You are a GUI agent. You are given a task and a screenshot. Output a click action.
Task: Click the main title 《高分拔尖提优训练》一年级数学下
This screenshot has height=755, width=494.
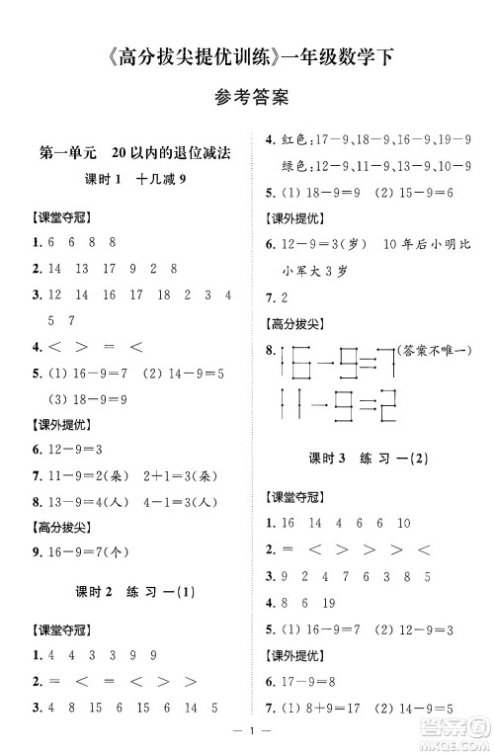(x=247, y=57)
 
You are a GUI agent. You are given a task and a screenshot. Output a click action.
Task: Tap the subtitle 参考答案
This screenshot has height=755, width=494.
(x=247, y=98)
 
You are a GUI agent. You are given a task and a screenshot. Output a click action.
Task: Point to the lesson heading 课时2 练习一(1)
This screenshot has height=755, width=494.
(x=129, y=593)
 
